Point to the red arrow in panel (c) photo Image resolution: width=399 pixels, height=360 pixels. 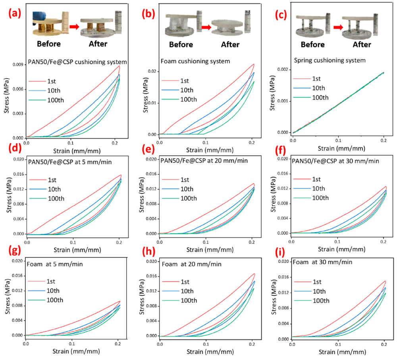[x=338, y=27]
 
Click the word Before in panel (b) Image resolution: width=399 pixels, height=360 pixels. [x=181, y=44]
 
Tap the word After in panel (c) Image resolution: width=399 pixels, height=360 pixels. [x=362, y=44]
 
